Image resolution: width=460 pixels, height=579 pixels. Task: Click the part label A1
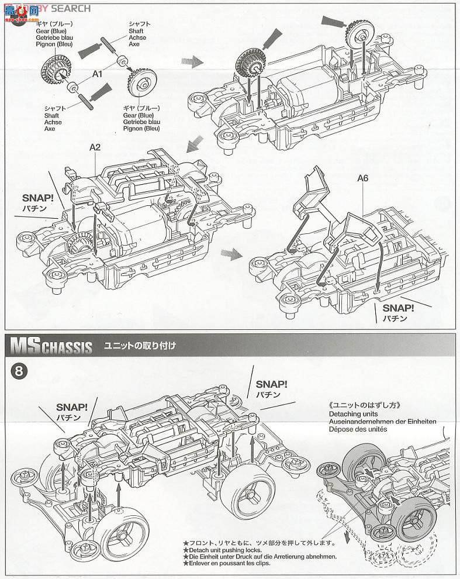(97, 74)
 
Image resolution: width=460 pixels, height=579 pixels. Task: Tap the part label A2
(95, 147)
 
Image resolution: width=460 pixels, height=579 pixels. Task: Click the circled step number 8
(18, 372)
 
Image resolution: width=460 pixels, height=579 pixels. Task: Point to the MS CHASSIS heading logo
(51, 346)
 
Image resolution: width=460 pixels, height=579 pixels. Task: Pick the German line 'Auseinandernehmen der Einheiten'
(384, 421)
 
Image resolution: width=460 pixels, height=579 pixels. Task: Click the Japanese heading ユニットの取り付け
(140, 346)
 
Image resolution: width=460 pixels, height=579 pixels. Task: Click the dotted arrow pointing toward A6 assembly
(231, 253)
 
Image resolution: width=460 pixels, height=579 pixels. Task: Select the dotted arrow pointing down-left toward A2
(195, 144)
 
